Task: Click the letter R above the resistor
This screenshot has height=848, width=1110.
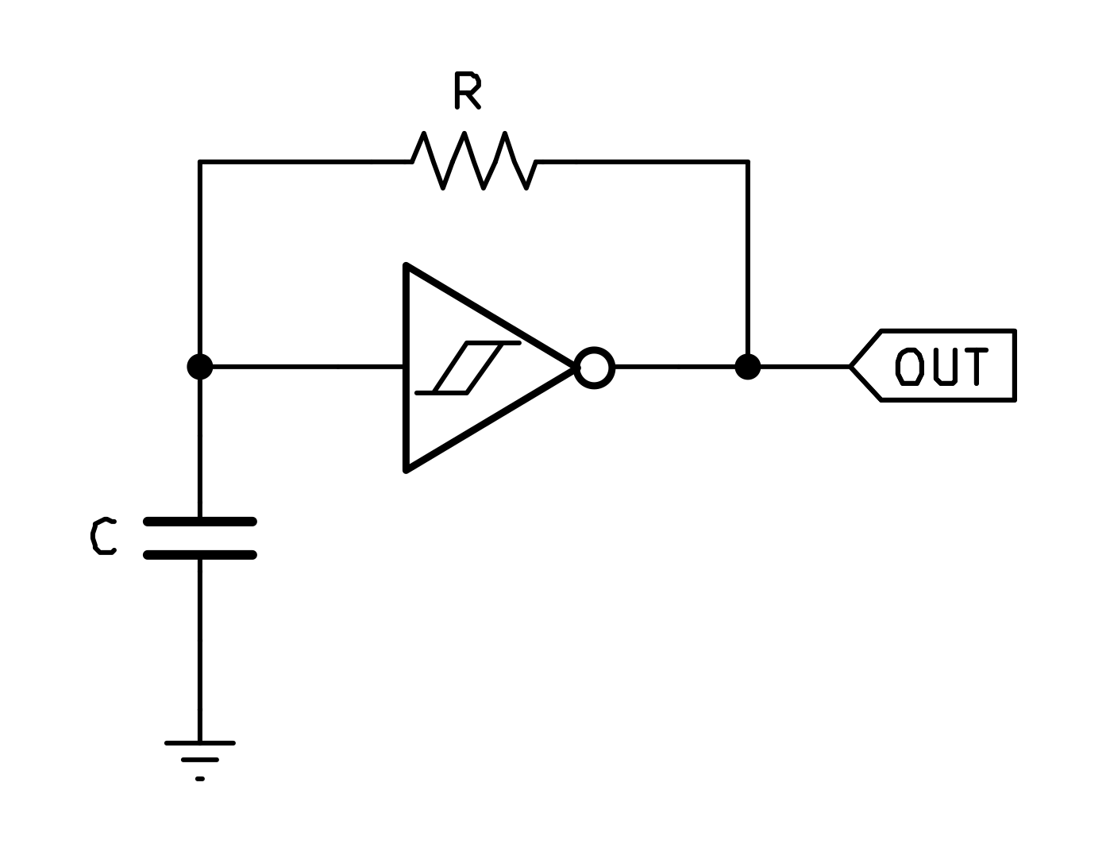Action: [467, 91]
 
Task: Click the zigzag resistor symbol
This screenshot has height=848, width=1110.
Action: [474, 161]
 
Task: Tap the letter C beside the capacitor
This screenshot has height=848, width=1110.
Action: [103, 537]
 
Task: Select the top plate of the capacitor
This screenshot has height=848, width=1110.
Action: [200, 522]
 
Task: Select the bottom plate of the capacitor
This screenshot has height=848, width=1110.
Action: [200, 555]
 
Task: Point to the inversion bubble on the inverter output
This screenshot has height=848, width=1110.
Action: [594, 368]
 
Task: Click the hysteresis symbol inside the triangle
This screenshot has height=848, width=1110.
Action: [468, 368]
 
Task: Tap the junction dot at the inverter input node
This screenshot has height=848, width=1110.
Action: [200, 367]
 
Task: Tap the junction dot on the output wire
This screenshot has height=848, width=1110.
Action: [747, 367]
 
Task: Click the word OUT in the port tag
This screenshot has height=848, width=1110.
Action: [942, 366]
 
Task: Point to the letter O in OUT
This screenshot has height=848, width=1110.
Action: [909, 366]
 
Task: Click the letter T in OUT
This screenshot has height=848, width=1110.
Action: [974, 366]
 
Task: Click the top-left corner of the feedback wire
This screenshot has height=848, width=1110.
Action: [200, 162]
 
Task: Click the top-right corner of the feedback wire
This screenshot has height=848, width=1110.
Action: [747, 162]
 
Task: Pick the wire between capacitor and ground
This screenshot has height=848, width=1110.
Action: [200, 647]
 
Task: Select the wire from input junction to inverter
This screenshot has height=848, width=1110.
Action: [302, 367]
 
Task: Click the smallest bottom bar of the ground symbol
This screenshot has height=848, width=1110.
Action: [200, 779]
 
